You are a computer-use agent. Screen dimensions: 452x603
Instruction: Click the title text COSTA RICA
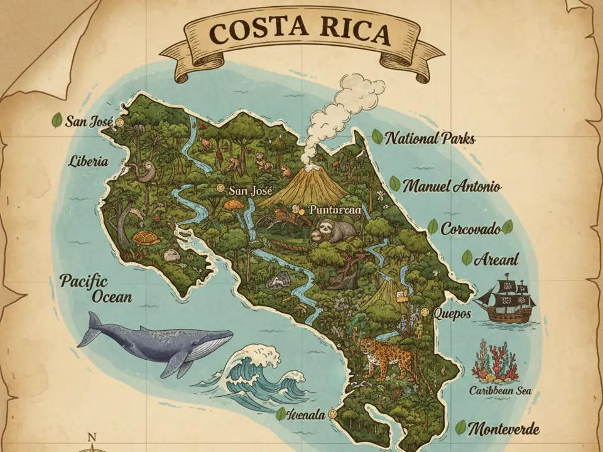pyautogui.click(x=301, y=31)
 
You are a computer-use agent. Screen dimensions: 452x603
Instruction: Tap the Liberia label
pyautogui.click(x=88, y=161)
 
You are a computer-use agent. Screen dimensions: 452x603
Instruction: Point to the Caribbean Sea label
pyautogui.click(x=500, y=390)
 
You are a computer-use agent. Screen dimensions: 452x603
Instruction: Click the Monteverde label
pyautogui.click(x=504, y=429)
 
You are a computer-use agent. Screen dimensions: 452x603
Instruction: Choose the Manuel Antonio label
pyautogui.click(x=452, y=186)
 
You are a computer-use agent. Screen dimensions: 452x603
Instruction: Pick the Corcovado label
pyautogui.click(x=470, y=229)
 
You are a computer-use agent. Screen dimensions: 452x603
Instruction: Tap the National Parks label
pyautogui.click(x=430, y=138)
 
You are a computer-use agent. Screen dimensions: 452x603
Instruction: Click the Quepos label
pyautogui.click(x=452, y=314)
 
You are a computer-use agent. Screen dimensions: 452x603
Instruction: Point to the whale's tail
pyautogui.click(x=92, y=328)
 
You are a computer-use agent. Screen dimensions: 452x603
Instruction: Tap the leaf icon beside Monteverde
pyautogui.click(x=461, y=428)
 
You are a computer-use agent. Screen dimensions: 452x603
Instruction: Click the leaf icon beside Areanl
pyautogui.click(x=467, y=257)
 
